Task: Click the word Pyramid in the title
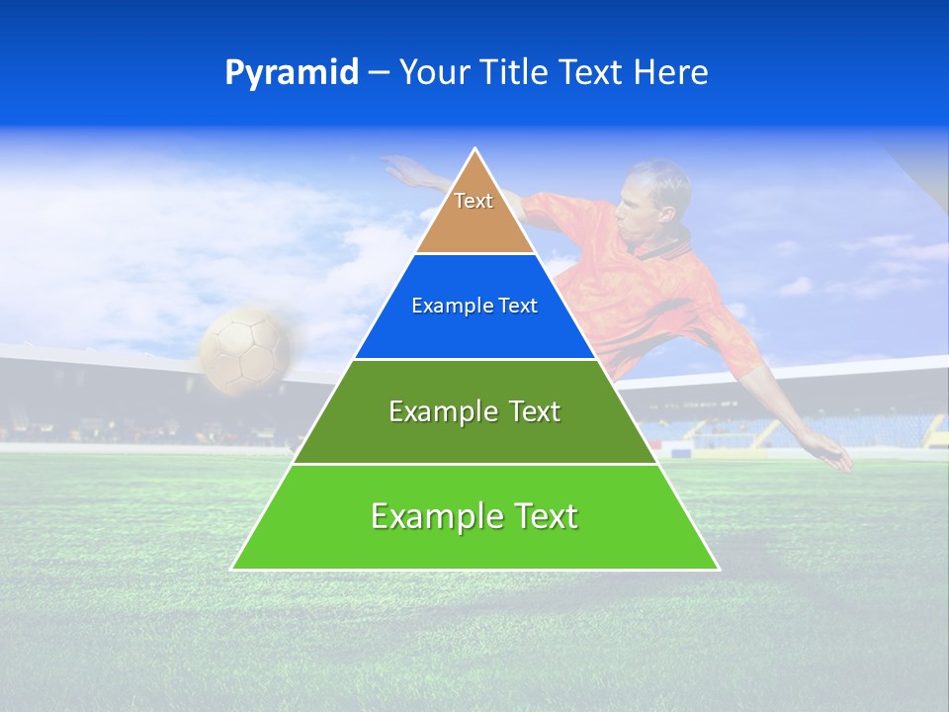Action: pyautogui.click(x=292, y=73)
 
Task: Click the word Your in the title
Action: pyautogui.click(x=433, y=73)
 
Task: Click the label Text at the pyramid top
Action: pyautogui.click(x=474, y=201)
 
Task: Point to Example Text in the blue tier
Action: pyautogui.click(x=474, y=306)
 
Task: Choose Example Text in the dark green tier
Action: pyautogui.click(x=474, y=411)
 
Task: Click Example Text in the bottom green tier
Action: pyautogui.click(x=474, y=516)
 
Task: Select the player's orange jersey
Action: pyautogui.click(x=643, y=287)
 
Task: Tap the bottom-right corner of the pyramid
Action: pyautogui.click(x=718, y=569)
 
